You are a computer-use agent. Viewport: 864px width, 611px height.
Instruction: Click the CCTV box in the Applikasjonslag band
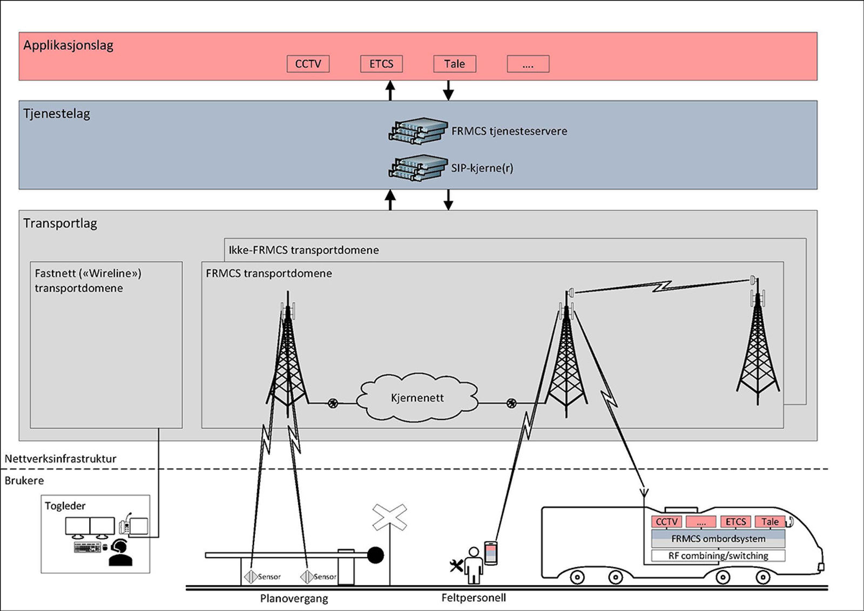[x=308, y=64]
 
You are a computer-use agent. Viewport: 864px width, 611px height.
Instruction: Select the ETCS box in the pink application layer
[x=381, y=64]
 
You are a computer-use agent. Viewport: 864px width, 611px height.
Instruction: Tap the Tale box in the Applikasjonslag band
[x=455, y=64]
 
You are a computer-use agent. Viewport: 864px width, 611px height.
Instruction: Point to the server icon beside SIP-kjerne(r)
[x=418, y=168]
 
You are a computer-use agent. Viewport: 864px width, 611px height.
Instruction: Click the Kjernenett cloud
[x=417, y=398]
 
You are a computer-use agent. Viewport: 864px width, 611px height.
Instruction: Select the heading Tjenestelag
[x=57, y=114]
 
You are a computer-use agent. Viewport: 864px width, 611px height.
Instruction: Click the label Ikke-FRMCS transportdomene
[x=303, y=250]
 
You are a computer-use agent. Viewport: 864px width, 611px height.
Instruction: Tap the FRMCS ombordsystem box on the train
[x=718, y=539]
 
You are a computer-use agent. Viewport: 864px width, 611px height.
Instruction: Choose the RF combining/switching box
[x=718, y=555]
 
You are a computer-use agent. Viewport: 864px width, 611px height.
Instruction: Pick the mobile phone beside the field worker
[x=490, y=553]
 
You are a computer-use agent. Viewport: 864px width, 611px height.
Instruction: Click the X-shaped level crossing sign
[x=389, y=517]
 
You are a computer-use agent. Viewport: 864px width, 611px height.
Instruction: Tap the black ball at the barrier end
[x=375, y=555]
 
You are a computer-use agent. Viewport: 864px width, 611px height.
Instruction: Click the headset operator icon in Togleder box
[x=120, y=554]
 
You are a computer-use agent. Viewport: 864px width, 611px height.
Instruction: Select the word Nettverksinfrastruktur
[x=60, y=459]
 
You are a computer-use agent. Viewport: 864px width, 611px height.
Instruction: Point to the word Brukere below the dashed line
[x=24, y=480]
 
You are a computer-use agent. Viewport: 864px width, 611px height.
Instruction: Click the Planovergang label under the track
[x=294, y=598]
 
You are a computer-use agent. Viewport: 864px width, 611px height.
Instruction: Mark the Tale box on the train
[x=770, y=521]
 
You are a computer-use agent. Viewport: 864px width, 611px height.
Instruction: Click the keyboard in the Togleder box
[x=87, y=547]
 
